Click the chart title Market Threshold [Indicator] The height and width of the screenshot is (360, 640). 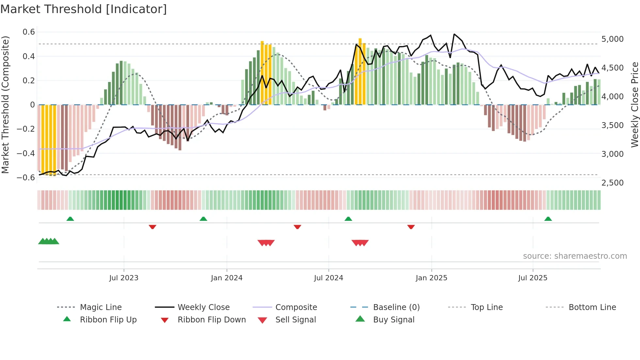click(x=84, y=9)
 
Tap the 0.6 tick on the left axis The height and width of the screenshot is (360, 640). click(x=29, y=32)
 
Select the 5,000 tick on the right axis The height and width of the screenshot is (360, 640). click(x=612, y=39)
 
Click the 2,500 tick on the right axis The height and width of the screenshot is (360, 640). click(x=612, y=183)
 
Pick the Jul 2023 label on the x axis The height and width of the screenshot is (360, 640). click(x=124, y=278)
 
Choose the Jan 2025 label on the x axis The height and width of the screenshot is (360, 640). click(x=431, y=278)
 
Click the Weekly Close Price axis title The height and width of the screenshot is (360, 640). click(x=634, y=105)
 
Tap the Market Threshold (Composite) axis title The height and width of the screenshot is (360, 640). click(x=5, y=105)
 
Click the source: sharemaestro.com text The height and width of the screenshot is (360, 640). click(x=575, y=256)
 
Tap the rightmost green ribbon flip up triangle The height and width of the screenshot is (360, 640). click(x=548, y=219)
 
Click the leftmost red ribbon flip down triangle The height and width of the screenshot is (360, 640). click(x=152, y=227)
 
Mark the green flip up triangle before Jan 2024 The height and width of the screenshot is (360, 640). click(x=203, y=219)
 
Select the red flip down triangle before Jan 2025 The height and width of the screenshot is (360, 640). click(x=411, y=227)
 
